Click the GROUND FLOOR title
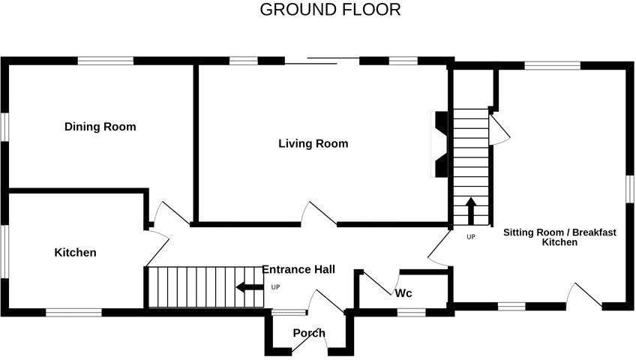pos(330,10)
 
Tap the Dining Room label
pos(100,127)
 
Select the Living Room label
pos(313,143)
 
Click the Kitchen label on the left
pos(75,253)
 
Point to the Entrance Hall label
pos(298,269)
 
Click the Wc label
pos(403,292)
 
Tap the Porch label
pos(309,333)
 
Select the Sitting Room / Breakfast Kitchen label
pos(559,237)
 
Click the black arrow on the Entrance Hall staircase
pos(249,286)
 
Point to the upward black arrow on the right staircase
pos(471,211)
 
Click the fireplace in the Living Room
pos(441,144)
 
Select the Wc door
pos(379,284)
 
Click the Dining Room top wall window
pos(106,61)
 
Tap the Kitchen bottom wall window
pos(73,311)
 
